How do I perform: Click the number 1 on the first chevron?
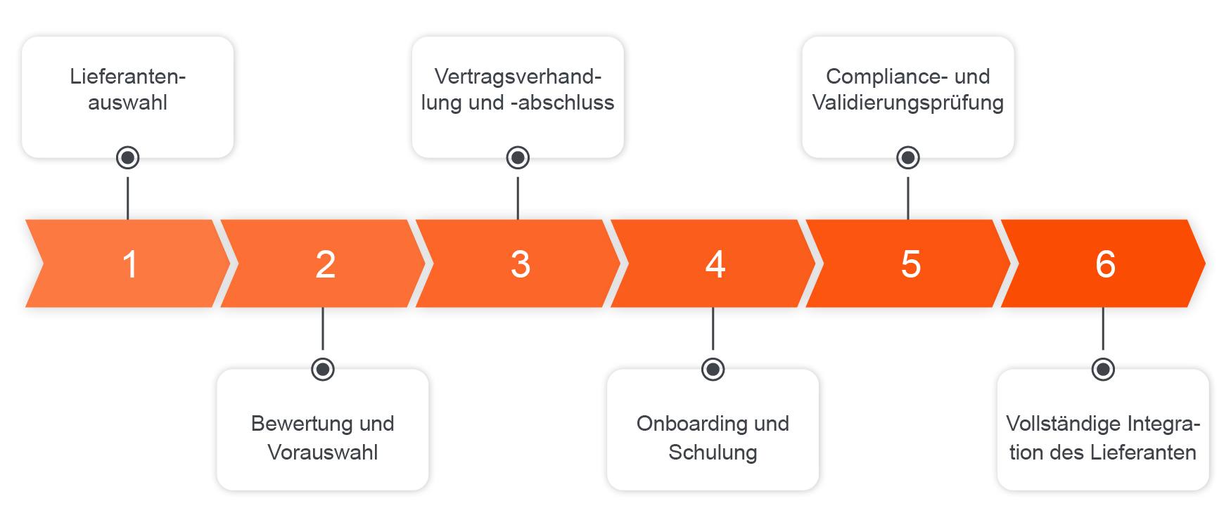pos(129,265)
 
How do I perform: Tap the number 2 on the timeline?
pos(325,265)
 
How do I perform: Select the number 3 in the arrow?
pos(520,265)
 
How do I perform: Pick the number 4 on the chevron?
pos(715,265)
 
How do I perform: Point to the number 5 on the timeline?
pos(910,265)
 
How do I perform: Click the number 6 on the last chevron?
pos(1105,265)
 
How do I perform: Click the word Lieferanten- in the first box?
pos(127,77)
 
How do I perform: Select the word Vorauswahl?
pos(323,453)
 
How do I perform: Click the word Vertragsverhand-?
pos(518,77)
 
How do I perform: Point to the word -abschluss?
pos(562,103)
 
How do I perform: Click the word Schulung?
pos(713,453)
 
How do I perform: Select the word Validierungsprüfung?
pos(907,103)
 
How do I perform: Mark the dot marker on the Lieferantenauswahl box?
pos(127,157)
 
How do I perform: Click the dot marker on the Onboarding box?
pos(713,368)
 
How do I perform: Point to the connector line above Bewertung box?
pos(323,329)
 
